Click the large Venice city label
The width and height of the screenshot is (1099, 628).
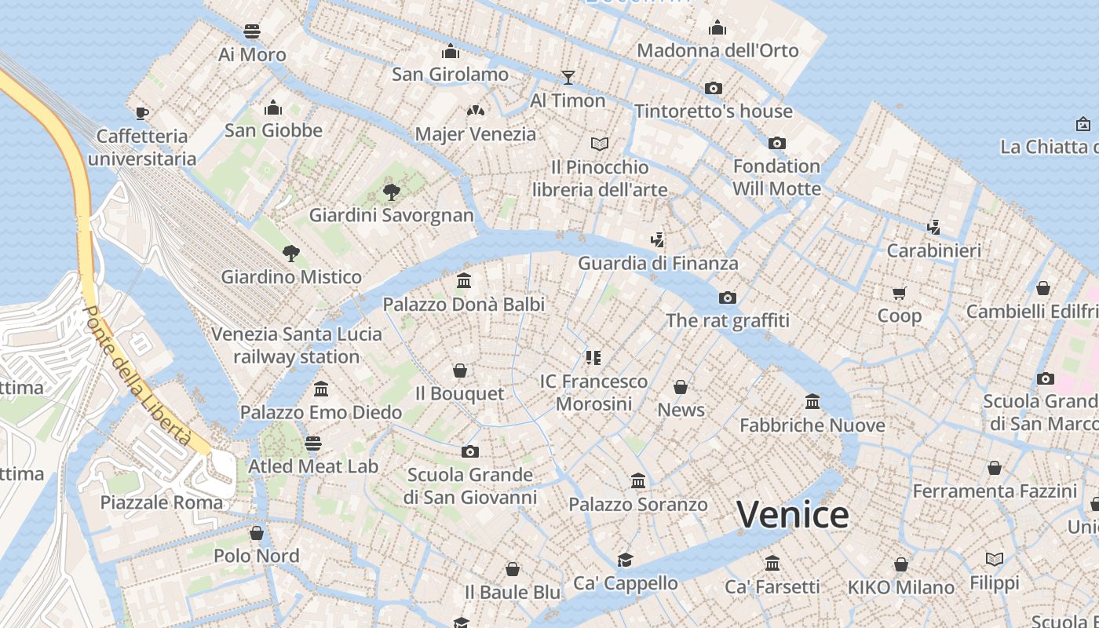point(793,515)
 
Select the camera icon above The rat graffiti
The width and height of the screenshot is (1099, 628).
point(728,298)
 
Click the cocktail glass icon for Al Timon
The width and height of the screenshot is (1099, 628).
point(568,77)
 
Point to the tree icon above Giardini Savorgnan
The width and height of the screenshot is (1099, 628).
point(391,192)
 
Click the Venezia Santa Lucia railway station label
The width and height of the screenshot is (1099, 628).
point(297,345)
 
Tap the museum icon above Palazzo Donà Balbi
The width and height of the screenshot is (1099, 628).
point(464,280)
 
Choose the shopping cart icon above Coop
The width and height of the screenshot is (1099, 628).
point(900,293)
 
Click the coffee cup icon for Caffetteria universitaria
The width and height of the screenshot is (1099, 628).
point(142,113)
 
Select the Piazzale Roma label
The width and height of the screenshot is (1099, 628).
point(162,502)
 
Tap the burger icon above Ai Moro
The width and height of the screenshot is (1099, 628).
point(252,31)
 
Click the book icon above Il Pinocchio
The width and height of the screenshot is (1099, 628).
point(600,144)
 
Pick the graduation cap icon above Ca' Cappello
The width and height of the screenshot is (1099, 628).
point(625,560)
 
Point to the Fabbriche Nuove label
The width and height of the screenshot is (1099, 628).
point(812,425)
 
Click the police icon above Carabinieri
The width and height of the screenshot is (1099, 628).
point(933,228)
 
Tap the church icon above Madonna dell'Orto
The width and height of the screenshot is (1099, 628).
point(717,27)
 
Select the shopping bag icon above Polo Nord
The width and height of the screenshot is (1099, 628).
point(257,533)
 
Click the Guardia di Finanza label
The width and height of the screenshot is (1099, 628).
point(658,264)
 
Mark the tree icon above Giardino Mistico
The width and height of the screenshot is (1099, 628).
point(291,253)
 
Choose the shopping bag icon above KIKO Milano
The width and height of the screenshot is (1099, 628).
point(901,564)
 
